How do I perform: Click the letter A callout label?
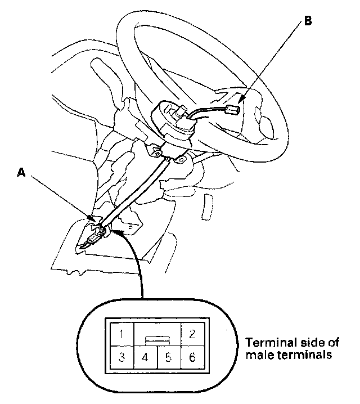[x=21, y=174]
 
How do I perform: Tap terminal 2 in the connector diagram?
[x=192, y=333]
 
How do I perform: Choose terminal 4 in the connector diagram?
[x=144, y=356]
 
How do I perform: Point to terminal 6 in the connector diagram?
[x=192, y=356]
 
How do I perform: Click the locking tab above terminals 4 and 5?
[x=156, y=340]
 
